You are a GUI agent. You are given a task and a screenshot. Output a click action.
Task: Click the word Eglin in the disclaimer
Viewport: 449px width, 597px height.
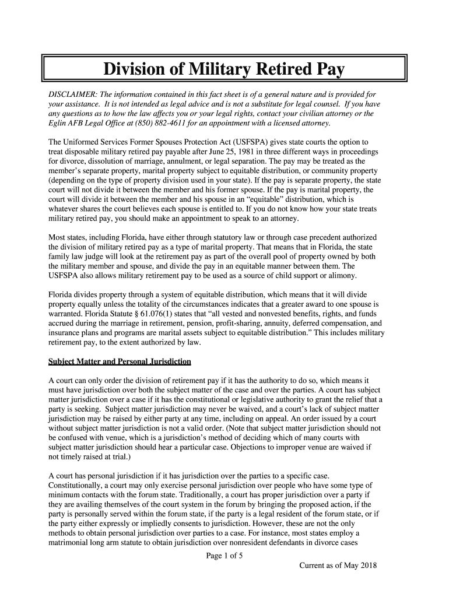pyautogui.click(x=58, y=124)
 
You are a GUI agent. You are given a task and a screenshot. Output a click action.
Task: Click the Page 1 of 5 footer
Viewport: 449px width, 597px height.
pyautogui.click(x=224, y=555)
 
